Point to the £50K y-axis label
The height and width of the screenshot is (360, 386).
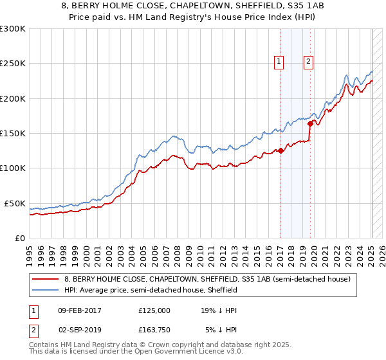pos(14,203)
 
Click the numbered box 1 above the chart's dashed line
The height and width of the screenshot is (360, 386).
pos(279,62)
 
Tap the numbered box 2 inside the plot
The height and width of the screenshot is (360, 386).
pos(309,62)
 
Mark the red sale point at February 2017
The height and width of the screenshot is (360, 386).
pos(280,151)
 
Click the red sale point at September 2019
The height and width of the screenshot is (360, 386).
pos(310,123)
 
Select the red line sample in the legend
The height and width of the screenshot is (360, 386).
pos(46,279)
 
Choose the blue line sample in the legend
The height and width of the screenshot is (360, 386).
pos(46,290)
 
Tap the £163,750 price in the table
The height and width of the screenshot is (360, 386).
pos(154,329)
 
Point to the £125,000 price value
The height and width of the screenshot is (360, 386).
pos(154,310)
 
